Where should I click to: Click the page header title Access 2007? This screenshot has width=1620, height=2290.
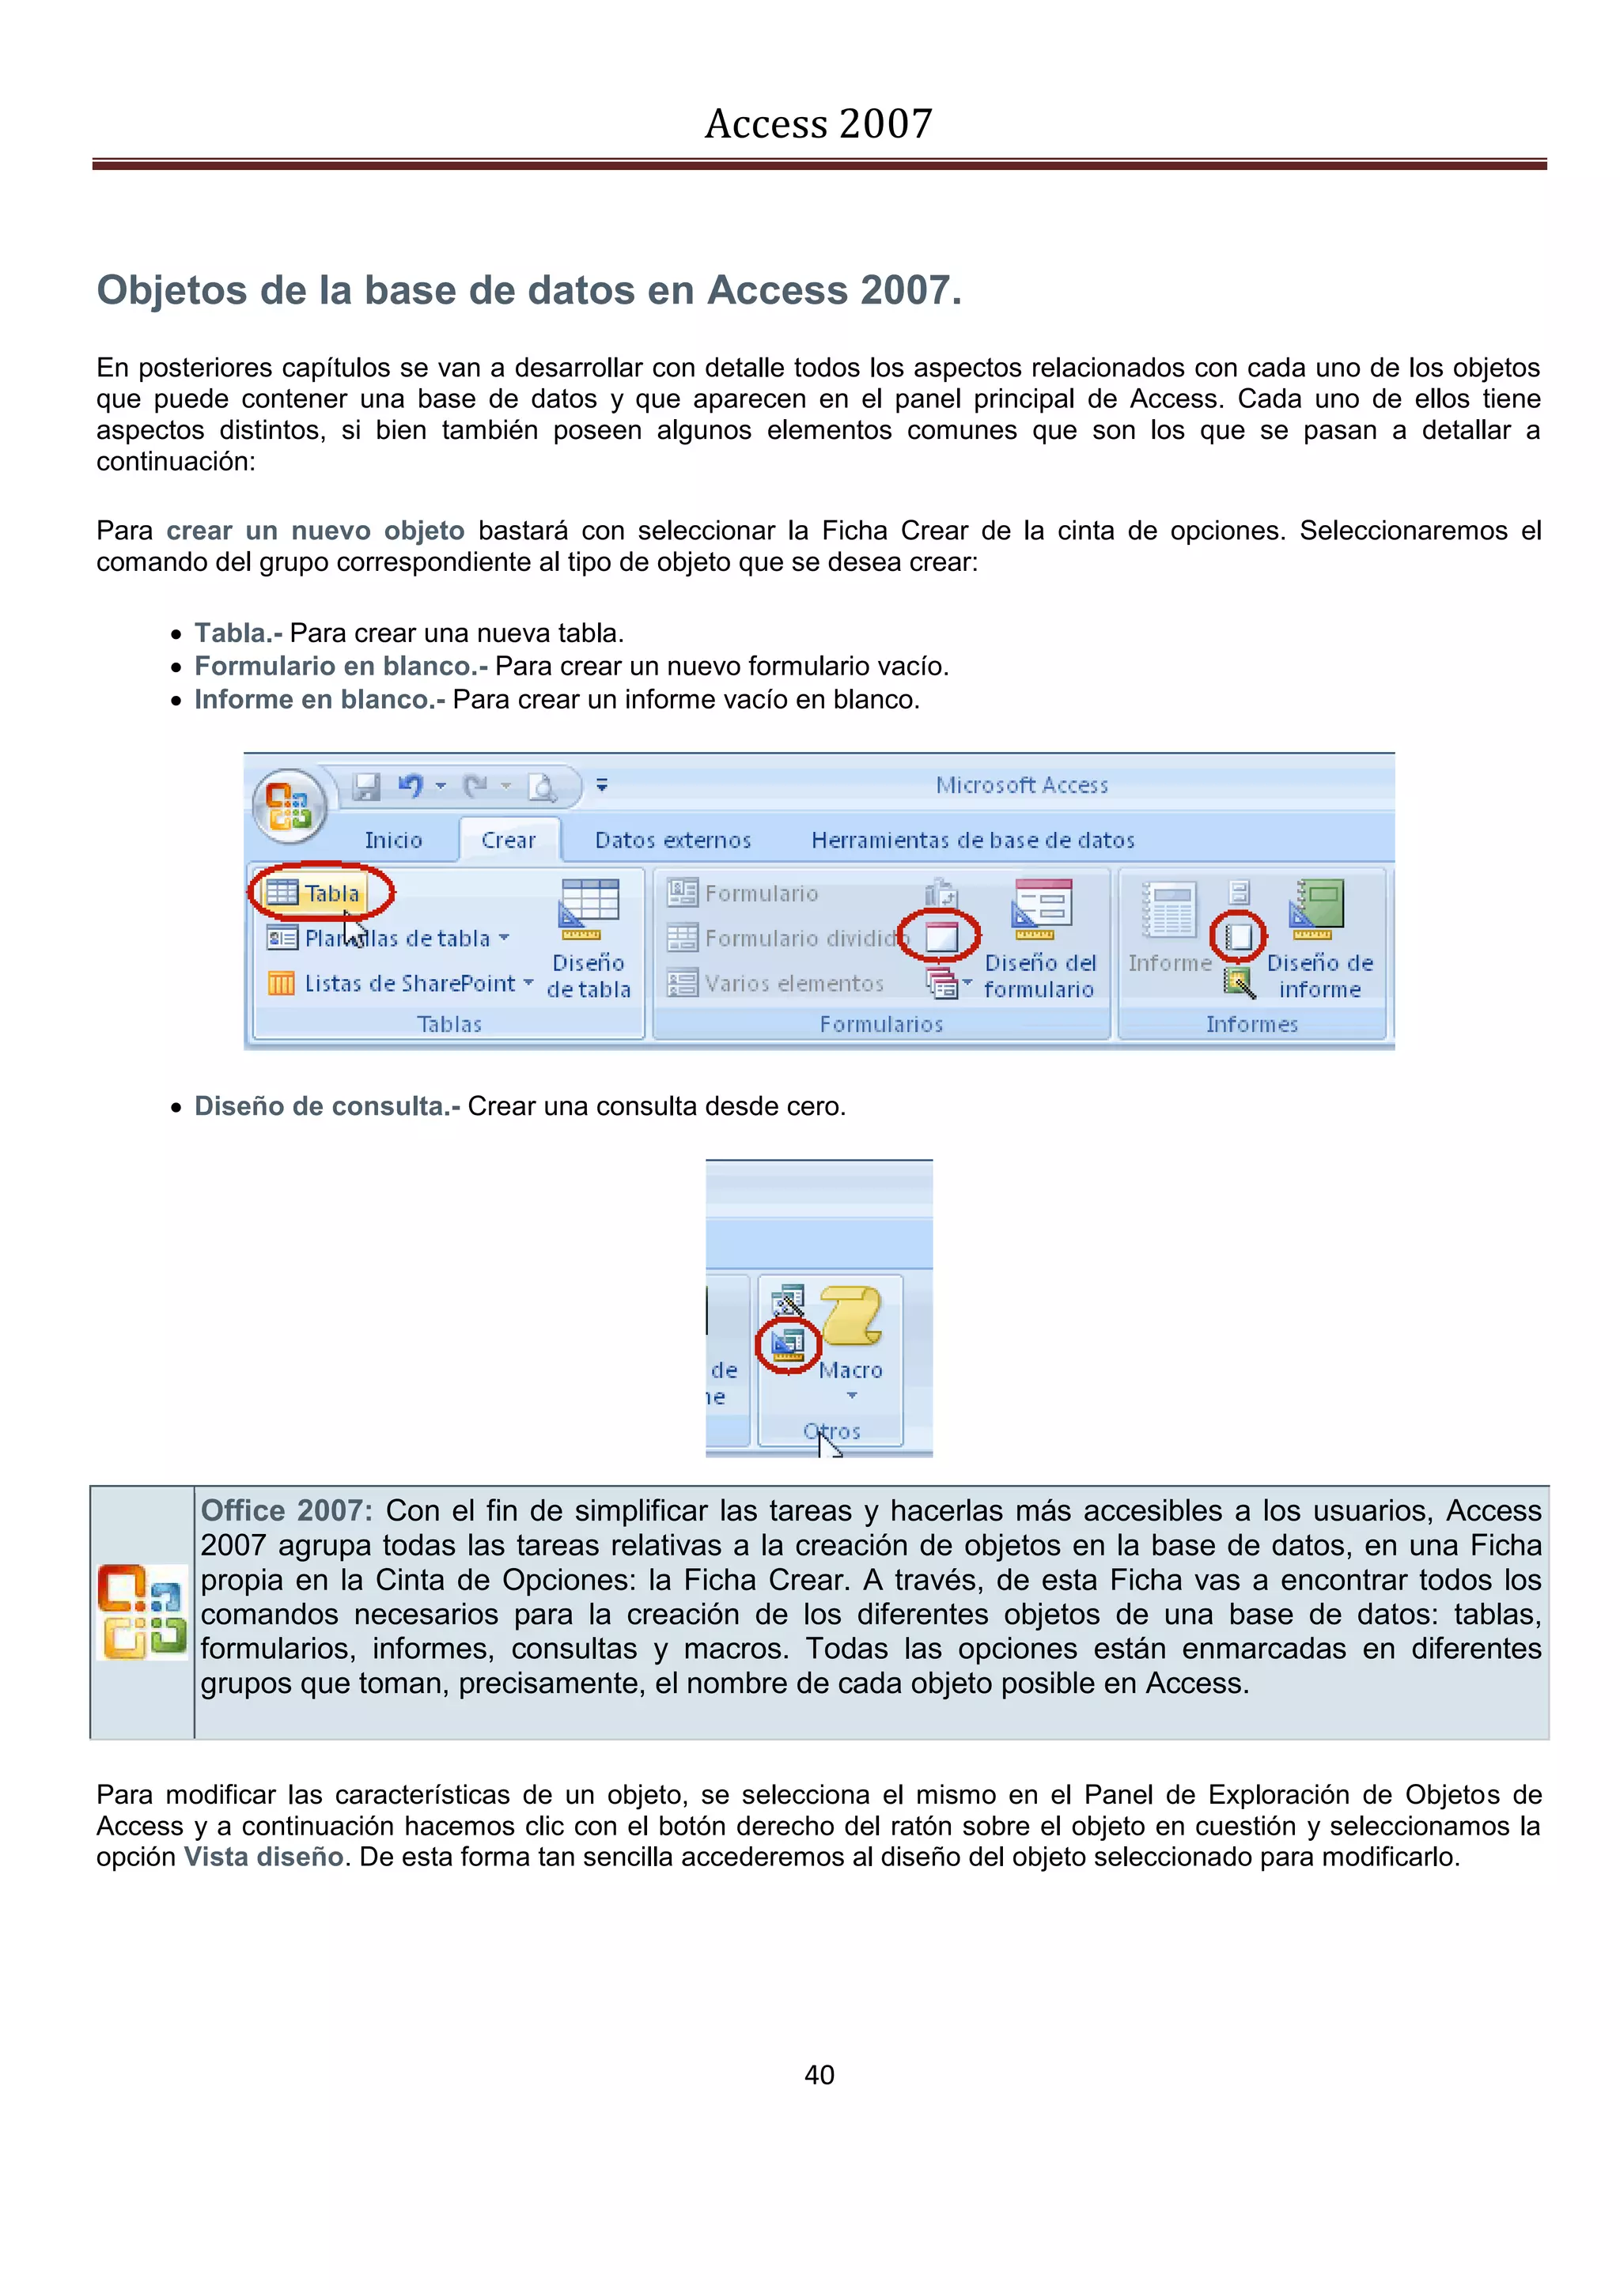[818, 123]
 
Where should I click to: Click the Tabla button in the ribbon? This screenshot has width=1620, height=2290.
[321, 893]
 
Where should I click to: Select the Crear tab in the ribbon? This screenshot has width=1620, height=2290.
[509, 840]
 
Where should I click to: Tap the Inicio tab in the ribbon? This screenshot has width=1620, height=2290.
[393, 840]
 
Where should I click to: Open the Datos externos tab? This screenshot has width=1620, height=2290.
[672, 840]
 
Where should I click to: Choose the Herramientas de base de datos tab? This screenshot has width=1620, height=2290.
[973, 840]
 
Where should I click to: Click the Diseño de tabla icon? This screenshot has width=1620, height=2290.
[589, 908]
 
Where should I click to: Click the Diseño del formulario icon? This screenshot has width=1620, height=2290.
[1042, 908]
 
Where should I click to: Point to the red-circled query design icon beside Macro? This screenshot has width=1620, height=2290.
[788, 1344]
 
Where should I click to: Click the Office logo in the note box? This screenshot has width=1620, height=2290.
[142, 1612]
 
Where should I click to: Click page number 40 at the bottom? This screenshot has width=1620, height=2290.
[819, 2075]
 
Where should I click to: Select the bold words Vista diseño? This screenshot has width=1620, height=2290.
[264, 1857]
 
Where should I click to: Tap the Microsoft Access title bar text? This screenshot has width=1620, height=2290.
[1021, 785]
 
